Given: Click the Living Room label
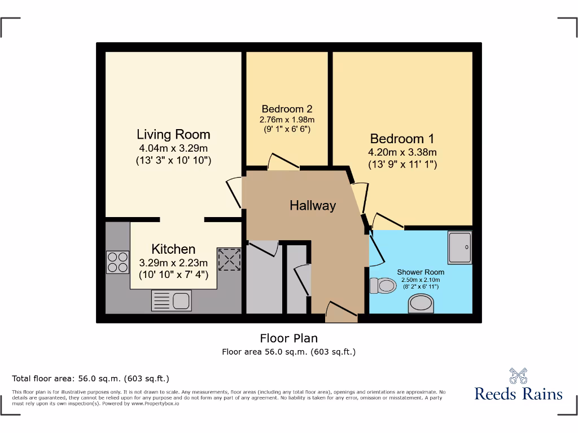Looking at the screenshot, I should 173,135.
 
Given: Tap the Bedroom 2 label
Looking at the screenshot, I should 287,109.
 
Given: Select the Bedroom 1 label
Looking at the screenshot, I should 402,139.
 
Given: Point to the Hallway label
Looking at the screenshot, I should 313,206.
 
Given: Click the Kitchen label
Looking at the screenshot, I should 173,249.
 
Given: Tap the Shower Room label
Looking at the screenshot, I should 420,272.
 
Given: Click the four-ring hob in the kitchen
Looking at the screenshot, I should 117,262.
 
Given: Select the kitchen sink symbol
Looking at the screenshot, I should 171,301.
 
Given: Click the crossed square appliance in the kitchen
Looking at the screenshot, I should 230,259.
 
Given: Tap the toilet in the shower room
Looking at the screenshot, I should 383,286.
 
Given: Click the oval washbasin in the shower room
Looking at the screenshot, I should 422,304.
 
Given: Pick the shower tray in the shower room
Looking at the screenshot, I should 461,248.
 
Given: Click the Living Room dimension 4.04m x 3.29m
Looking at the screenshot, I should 173,149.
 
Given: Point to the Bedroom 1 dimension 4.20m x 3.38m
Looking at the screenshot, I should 402,152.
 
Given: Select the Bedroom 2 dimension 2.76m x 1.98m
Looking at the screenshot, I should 287,120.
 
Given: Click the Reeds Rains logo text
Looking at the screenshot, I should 518,393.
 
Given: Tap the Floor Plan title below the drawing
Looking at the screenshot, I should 288,338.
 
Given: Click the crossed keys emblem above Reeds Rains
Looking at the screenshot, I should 518,375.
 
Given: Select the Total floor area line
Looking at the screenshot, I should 90,378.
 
